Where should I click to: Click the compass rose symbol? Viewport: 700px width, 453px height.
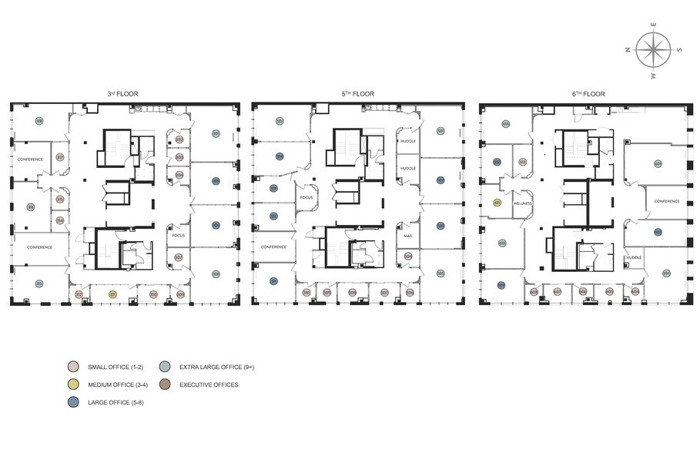click(653, 51)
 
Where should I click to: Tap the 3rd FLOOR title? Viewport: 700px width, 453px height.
click(122, 94)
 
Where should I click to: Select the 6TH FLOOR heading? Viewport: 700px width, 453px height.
click(588, 94)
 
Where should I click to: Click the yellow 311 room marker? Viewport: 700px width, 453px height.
click(112, 294)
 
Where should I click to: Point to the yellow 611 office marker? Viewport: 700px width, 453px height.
click(497, 203)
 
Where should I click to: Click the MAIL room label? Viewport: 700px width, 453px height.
click(408, 236)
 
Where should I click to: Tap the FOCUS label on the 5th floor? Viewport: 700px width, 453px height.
click(306, 198)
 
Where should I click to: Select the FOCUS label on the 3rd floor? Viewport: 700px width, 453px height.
click(179, 236)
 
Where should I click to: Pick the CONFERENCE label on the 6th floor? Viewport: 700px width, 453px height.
click(666, 201)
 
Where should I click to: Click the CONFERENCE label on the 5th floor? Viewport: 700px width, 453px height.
click(273, 247)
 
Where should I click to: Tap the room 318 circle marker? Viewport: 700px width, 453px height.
click(39, 121)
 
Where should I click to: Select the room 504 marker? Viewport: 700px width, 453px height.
click(408, 256)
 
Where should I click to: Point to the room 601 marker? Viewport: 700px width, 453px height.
click(658, 163)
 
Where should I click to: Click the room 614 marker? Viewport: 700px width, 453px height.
click(506, 123)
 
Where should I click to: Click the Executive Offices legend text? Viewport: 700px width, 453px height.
click(209, 384)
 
